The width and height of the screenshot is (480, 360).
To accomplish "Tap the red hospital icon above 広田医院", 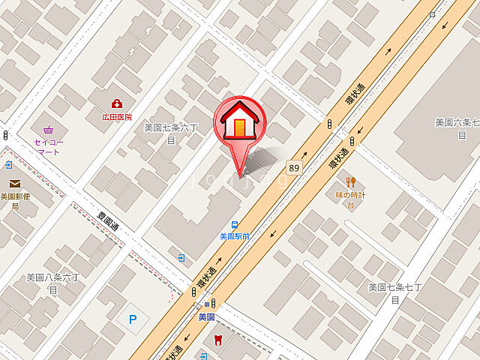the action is pos(117,103).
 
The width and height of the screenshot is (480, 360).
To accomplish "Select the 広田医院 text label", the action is pos(118,117).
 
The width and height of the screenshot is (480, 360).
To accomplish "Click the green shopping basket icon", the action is pos(49,129).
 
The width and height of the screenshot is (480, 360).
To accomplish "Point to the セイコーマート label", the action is pos(47,146).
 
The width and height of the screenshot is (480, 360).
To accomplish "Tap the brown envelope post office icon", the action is pos(15,184).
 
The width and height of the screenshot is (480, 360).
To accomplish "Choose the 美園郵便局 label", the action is pos(14,201).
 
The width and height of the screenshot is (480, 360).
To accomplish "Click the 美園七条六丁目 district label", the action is pos(170,133).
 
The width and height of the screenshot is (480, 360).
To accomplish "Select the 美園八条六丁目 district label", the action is pos(52,282).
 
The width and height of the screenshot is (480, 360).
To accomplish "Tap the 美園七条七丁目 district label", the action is pos(394,292).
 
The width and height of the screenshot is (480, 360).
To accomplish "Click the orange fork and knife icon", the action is pos(350,181).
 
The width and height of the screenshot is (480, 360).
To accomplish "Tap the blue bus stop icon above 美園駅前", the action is pos(235,224).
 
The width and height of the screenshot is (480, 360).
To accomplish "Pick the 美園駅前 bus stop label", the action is pos(235,236).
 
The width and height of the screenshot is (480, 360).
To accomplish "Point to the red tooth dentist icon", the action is pos(217,340).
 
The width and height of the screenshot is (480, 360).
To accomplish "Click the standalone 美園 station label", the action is pos(207,317).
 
